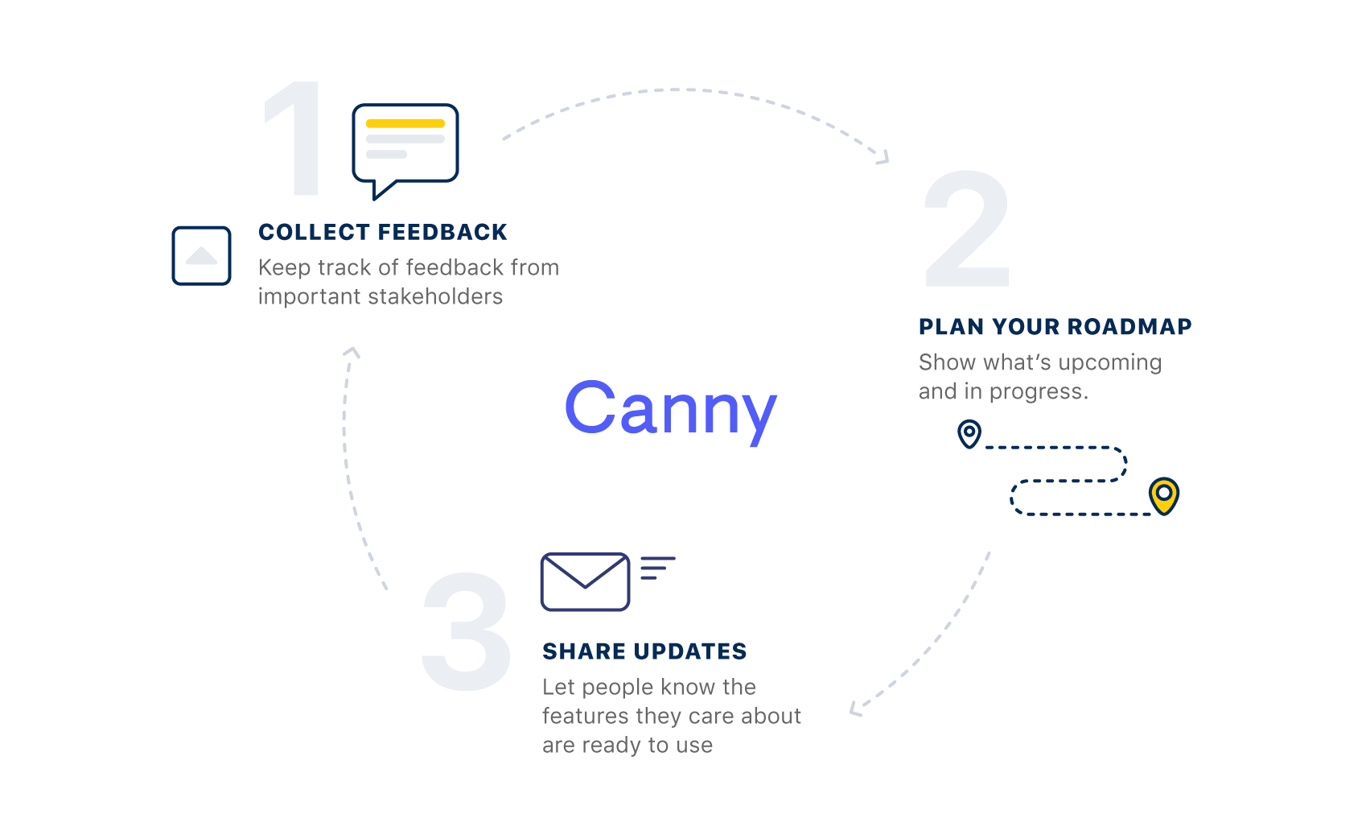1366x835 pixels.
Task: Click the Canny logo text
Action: tap(671, 409)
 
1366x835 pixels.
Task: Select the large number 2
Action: tap(967, 229)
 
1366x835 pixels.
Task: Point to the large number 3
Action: tap(467, 632)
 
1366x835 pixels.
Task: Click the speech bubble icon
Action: tap(405, 151)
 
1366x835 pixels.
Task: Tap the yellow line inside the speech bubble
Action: tap(405, 123)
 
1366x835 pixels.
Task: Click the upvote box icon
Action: tap(201, 256)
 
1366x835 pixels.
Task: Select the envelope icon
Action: tap(585, 581)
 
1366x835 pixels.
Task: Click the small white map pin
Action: tap(969, 434)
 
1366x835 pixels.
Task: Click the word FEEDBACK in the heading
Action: tap(442, 233)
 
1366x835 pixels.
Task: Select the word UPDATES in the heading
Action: tap(690, 651)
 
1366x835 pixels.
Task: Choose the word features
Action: tap(585, 716)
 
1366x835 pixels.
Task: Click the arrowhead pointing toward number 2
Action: tap(883, 158)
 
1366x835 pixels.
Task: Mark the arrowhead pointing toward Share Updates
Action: tap(856, 709)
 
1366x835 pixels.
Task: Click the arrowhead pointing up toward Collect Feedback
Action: tap(352, 353)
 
